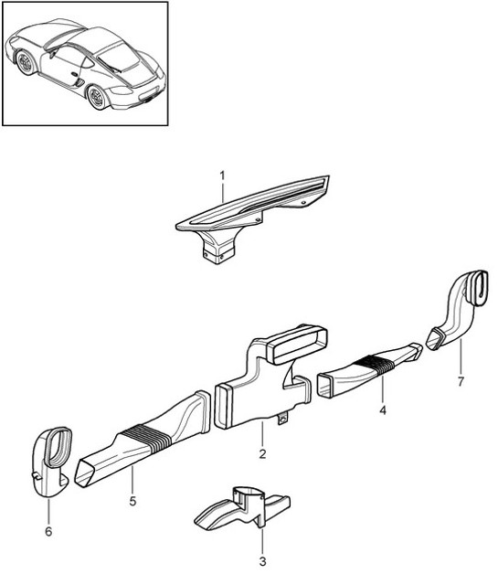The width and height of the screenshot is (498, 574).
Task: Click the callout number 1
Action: pos(221,173)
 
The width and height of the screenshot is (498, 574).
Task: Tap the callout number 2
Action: pos(262,453)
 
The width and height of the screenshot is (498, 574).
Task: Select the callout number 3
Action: pos(262,562)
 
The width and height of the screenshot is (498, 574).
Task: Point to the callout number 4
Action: pos(383,410)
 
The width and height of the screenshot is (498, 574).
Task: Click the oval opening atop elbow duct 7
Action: pos(477,288)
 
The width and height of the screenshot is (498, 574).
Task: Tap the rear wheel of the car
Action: pos(97,96)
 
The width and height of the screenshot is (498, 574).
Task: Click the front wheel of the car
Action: pos(24,63)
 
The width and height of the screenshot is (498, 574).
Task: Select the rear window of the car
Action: pos(117,58)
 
